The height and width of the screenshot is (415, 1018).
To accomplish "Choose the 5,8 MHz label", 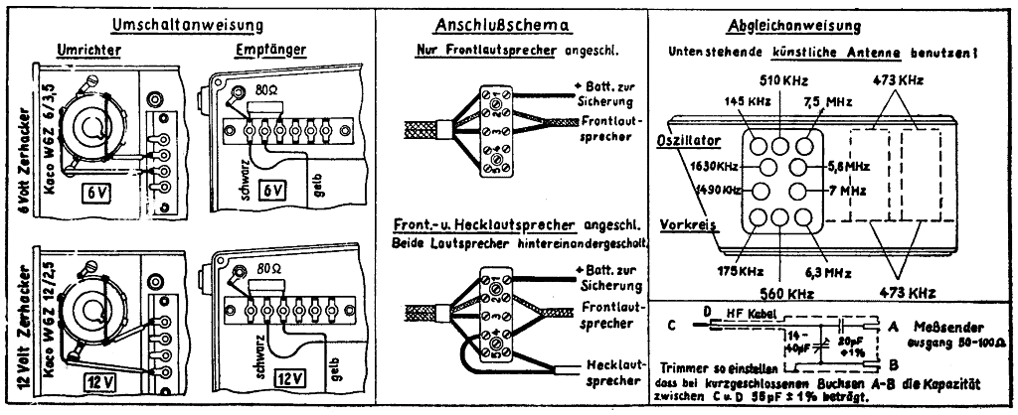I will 847,167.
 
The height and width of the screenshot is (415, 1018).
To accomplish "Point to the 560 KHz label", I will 781,293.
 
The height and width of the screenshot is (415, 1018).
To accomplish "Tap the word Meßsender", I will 939,324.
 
